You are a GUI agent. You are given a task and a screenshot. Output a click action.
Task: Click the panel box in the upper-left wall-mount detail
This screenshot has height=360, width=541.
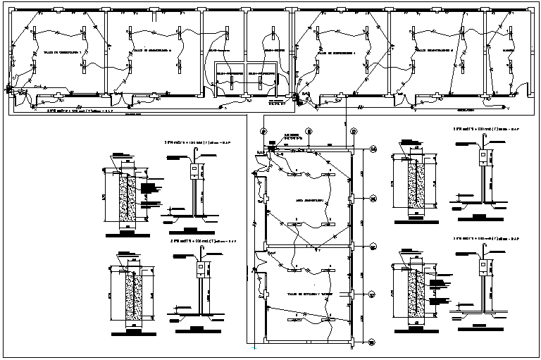192,170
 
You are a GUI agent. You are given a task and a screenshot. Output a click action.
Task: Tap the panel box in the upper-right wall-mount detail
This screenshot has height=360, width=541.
483,157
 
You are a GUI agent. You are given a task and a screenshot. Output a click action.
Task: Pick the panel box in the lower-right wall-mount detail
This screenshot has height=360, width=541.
483,266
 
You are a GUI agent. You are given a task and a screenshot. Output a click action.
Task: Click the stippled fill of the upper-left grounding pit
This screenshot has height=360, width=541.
128,200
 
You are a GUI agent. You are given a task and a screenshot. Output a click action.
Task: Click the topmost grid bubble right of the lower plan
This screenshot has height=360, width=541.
373,149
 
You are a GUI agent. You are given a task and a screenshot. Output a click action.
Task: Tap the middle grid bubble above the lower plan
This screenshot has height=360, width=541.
308,132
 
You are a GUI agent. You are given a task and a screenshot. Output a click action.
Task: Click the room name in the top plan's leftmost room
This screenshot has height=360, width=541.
63,53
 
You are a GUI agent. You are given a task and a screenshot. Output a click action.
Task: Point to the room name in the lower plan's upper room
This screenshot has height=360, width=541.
310,201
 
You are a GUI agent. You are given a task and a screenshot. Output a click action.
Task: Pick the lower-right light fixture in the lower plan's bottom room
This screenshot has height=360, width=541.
328,321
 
